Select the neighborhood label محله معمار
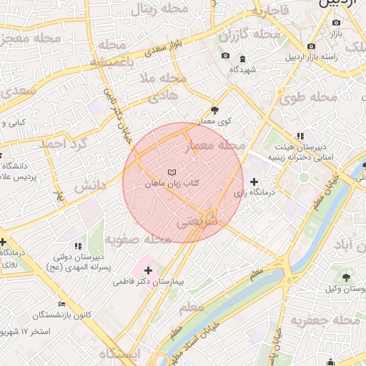[x=215, y=147]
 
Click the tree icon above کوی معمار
[x=215, y=109]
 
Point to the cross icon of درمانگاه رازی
[x=254, y=182]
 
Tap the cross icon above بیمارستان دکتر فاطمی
[x=148, y=270]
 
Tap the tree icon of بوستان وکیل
[x=347, y=277]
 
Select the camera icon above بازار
[x=336, y=22]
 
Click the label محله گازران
[x=249, y=34]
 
